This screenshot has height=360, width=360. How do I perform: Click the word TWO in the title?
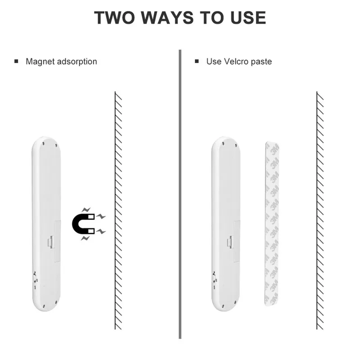coord(115,18)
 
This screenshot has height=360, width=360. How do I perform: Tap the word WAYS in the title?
coord(167,18)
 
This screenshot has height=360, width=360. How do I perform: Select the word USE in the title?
coord(248,18)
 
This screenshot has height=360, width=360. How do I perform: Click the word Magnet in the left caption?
coord(40,62)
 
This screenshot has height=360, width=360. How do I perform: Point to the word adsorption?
coord(77,62)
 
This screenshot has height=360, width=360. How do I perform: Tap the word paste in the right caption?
coord(261,62)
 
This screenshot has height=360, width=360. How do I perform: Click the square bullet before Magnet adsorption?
coord(16,61)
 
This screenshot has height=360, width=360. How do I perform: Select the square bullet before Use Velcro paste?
coord(197,61)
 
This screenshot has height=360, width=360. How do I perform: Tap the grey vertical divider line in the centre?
coord(180,194)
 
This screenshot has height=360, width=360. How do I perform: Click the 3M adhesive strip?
coord(272,224)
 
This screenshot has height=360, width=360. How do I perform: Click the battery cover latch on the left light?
coord(50,242)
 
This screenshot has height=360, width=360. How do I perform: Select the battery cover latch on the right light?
coord(230,242)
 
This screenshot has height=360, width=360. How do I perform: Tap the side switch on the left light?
coord(34,279)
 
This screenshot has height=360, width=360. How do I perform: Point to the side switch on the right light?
coord(214,279)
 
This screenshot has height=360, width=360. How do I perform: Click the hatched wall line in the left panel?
coord(118,211)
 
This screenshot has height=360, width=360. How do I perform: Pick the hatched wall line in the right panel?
coord(320,211)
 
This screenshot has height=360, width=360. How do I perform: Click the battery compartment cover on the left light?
coord(57,241)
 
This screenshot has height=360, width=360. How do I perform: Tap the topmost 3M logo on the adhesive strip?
coord(274,150)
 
